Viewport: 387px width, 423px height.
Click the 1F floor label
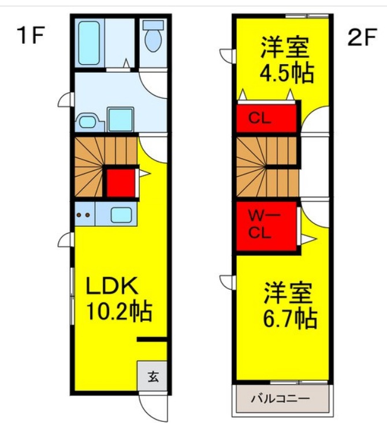(x=31, y=36)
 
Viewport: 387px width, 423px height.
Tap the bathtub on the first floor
(x=90, y=43)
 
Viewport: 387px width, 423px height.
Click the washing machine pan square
(x=120, y=119)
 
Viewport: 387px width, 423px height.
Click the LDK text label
(x=111, y=286)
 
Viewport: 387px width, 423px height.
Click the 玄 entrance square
(x=152, y=377)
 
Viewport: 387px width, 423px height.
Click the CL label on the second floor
(x=259, y=119)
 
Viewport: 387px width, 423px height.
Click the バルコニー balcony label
(x=281, y=398)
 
